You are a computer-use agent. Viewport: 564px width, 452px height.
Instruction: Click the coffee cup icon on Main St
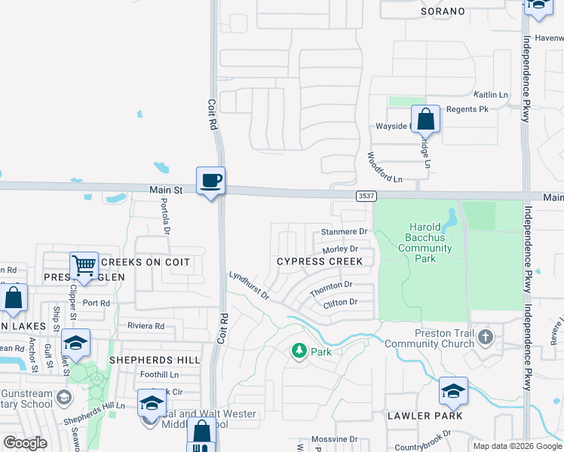pyautogui.click(x=211, y=181)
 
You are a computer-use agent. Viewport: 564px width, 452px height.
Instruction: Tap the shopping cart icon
pyautogui.click(x=84, y=266)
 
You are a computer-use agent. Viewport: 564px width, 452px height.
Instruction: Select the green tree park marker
pyautogui.click(x=300, y=350)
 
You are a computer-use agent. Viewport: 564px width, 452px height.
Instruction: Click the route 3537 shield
pyautogui.click(x=366, y=196)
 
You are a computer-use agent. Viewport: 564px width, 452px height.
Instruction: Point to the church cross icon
pyautogui.click(x=485, y=337)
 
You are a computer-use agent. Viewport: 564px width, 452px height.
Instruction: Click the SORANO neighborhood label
pyautogui.click(x=442, y=12)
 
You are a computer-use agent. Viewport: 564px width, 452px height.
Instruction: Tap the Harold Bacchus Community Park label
pyautogui.click(x=425, y=243)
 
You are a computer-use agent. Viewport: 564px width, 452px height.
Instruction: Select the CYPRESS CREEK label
pyautogui.click(x=319, y=261)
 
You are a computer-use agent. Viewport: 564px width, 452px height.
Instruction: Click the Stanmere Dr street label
pyautogui.click(x=343, y=232)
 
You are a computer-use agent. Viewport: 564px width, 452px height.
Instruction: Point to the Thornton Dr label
pyautogui.click(x=331, y=286)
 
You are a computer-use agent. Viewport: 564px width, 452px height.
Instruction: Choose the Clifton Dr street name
pyautogui.click(x=339, y=302)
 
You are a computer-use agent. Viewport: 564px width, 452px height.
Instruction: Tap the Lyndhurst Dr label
pyautogui.click(x=250, y=286)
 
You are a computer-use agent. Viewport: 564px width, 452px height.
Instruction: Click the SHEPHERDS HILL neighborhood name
pyautogui.click(x=155, y=360)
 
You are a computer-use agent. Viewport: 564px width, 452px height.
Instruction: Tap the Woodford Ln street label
pyautogui.click(x=385, y=169)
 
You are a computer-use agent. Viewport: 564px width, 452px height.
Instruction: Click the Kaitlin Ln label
pyautogui.click(x=491, y=95)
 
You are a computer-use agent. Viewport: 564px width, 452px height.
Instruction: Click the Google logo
pyautogui.click(x=25, y=443)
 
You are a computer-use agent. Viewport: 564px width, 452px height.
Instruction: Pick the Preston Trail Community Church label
pyautogui.click(x=429, y=339)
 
